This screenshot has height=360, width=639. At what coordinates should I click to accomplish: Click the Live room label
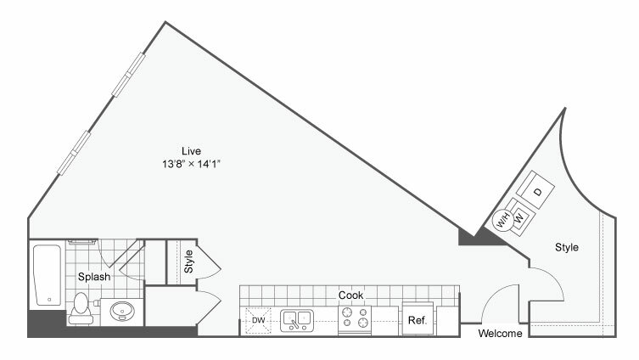(x=191, y=151)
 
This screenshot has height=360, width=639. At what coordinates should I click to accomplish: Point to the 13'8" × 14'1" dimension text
(x=191, y=164)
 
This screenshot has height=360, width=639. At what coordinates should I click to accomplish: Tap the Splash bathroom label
(x=94, y=277)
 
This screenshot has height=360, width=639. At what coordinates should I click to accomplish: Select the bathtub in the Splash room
(x=48, y=275)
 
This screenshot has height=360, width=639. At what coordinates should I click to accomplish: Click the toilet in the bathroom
(x=81, y=308)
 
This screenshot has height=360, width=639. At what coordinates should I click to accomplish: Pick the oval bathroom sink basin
(x=122, y=312)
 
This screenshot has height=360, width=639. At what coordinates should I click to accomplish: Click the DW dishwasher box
(x=258, y=320)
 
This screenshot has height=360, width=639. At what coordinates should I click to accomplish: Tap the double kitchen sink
(x=297, y=320)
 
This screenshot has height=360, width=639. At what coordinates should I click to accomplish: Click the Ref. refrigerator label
(x=418, y=320)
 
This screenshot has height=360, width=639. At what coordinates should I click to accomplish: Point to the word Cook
(x=350, y=295)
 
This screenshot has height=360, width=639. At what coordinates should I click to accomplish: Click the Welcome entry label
(x=500, y=334)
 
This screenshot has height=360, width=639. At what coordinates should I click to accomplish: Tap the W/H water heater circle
(x=502, y=221)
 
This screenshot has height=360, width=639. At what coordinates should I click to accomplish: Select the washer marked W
(x=519, y=217)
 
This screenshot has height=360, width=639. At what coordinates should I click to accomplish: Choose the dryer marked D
(x=535, y=190)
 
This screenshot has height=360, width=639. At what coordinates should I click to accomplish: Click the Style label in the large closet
(x=567, y=247)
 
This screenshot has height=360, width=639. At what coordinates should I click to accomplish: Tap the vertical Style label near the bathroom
(x=188, y=262)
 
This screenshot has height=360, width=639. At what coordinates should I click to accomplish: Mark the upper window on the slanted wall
(x=128, y=75)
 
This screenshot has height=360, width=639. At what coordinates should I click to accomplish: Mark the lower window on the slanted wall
(x=74, y=153)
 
